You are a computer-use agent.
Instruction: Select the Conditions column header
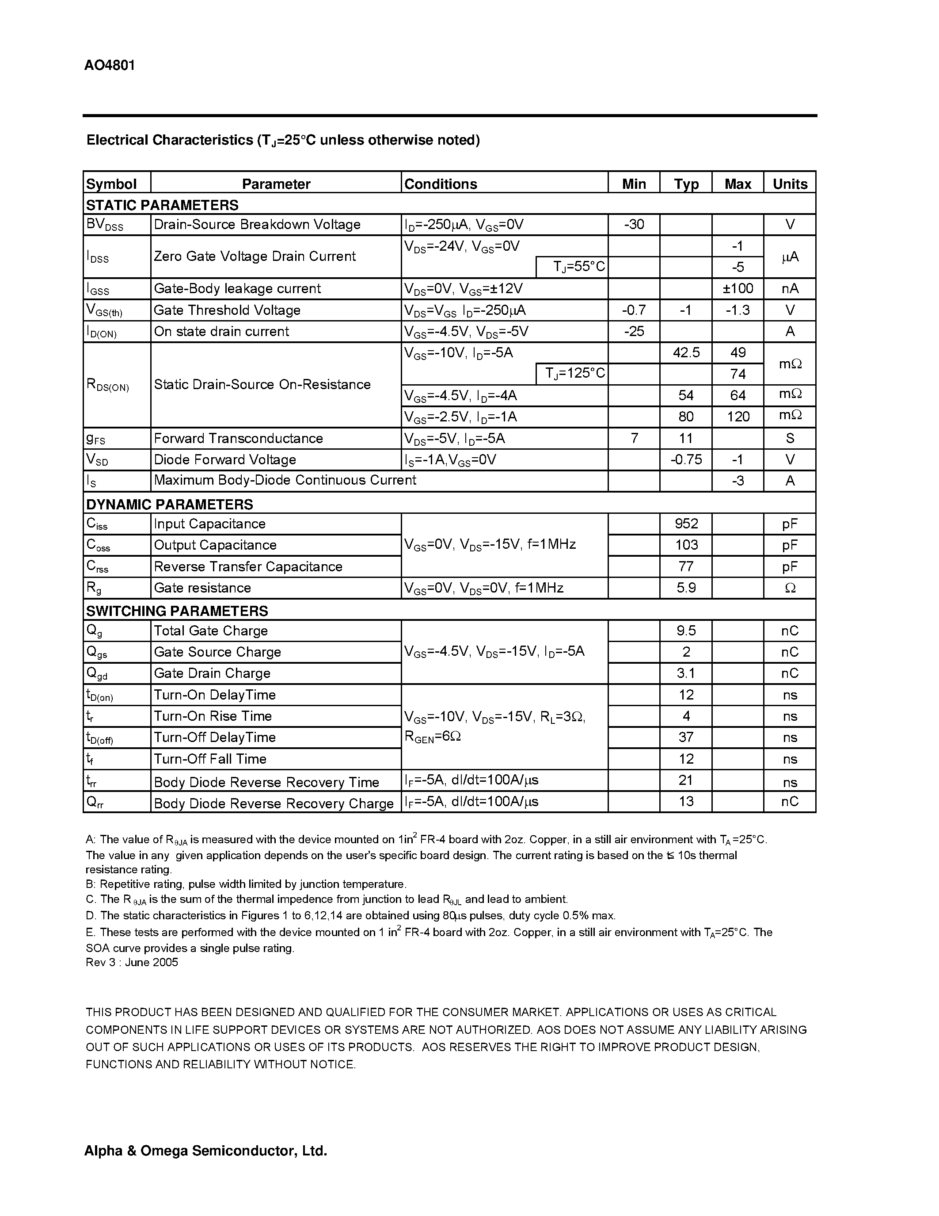tap(441, 184)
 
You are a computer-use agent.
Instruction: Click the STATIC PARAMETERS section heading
tap(162, 205)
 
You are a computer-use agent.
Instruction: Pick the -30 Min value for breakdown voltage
tap(634, 224)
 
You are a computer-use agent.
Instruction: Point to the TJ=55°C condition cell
tap(578, 267)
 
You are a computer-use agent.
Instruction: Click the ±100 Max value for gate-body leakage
tap(738, 288)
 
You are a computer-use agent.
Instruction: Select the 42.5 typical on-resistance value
tap(686, 352)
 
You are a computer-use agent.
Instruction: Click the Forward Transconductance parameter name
tap(238, 438)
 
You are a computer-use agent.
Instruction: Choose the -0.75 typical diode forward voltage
tap(686, 459)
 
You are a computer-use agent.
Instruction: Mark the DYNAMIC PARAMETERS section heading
tap(170, 505)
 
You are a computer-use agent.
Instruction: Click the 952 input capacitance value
tap(686, 524)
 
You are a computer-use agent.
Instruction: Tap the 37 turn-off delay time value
tap(686, 738)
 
